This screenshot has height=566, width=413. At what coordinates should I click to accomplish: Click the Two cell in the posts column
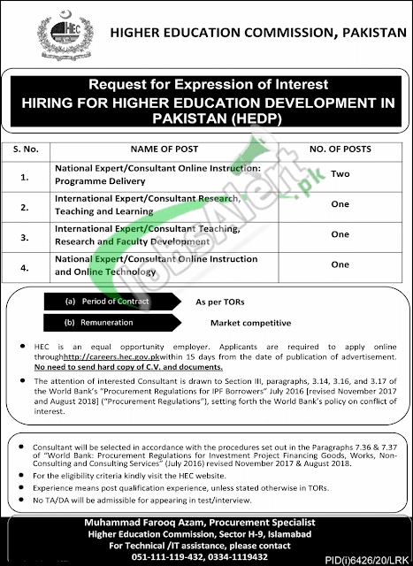coord(339,174)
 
